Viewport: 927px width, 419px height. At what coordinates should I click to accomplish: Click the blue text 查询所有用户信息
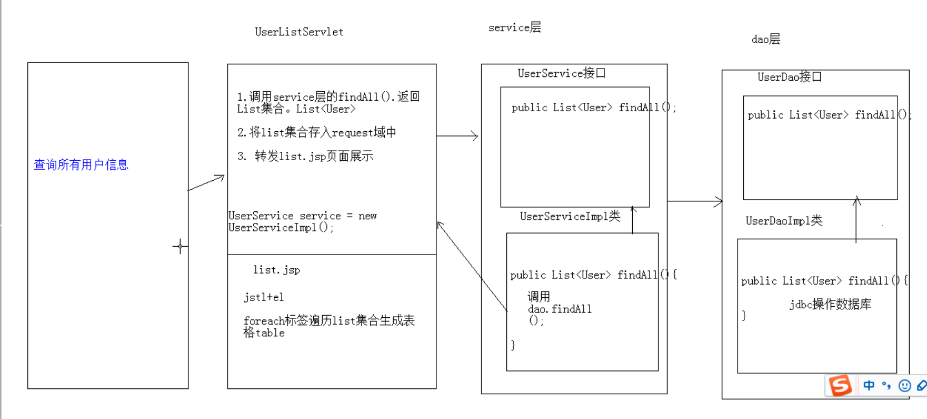tap(81, 165)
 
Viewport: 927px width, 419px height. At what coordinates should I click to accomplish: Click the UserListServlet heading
tap(299, 32)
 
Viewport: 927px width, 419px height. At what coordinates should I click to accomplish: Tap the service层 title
tap(514, 27)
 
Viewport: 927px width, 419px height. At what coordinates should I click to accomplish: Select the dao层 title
tap(765, 39)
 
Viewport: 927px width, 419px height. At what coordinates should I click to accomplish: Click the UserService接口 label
tap(561, 73)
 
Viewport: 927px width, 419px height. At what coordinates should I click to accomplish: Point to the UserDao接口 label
tap(789, 77)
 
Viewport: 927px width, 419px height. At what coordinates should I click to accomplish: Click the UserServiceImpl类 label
tap(570, 216)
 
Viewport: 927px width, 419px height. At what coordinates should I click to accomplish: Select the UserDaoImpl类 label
tap(783, 221)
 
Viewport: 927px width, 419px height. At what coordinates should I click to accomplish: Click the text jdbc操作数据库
tap(830, 304)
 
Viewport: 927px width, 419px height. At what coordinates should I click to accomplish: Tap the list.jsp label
tap(276, 270)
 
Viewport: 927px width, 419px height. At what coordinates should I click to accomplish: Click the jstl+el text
tap(264, 297)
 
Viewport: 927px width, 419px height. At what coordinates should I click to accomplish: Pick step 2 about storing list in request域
tap(316, 132)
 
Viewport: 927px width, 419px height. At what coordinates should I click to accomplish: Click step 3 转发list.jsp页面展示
tap(305, 156)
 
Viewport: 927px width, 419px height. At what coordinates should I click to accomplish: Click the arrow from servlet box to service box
tap(457, 136)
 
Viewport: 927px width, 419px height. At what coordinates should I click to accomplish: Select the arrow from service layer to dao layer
tap(695, 201)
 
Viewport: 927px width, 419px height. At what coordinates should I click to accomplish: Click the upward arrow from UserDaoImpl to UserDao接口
tap(856, 219)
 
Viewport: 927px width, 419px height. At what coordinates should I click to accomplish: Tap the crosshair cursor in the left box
tap(180, 246)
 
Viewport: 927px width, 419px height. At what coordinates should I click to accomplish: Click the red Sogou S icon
tap(840, 385)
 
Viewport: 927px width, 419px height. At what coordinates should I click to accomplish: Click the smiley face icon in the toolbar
tap(904, 386)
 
